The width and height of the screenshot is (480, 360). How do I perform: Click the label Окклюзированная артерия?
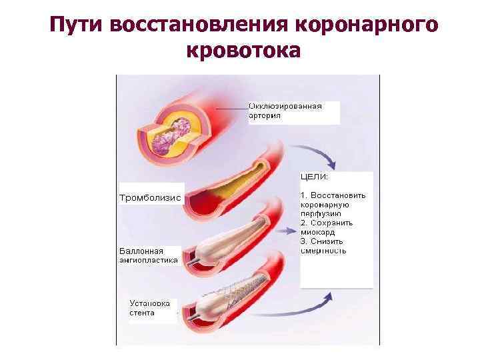coord(285,110)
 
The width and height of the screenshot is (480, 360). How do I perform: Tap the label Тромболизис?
coord(150,198)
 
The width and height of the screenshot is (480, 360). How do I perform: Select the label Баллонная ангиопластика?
coord(148,256)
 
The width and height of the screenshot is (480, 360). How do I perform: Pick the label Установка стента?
coord(151,307)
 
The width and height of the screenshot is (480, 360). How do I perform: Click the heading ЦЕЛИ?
coord(315,177)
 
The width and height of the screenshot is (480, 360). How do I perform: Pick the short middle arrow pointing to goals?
coord(287,231)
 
